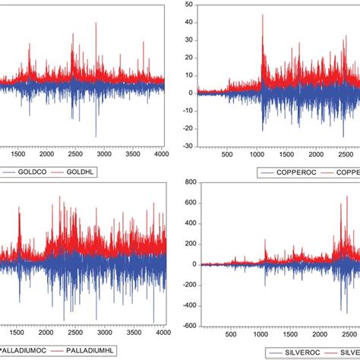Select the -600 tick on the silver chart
click(x=185, y=325)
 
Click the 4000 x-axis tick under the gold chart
click(x=154, y=154)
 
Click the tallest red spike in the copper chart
click(x=262, y=15)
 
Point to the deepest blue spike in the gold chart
click(x=96, y=134)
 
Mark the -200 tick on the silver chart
click(x=185, y=284)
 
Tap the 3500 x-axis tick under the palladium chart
click(x=127, y=332)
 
